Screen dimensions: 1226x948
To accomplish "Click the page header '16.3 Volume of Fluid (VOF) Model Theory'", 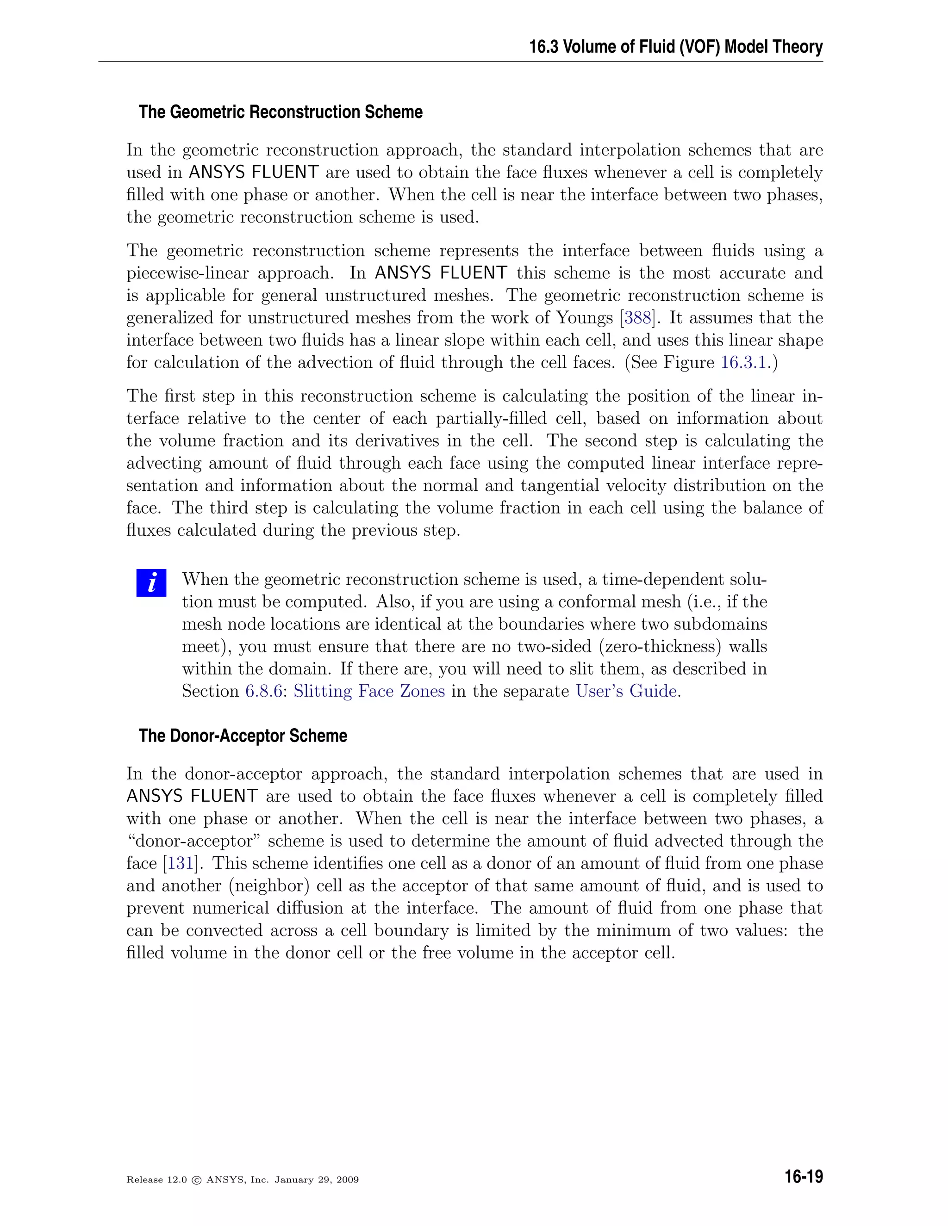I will click(676, 47).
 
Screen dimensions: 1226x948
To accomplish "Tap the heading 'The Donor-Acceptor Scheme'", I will click(243, 736).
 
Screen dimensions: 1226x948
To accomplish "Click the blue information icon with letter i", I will click(151, 582).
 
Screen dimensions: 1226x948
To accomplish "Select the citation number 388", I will click(637, 318).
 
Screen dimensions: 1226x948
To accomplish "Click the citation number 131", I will click(180, 863).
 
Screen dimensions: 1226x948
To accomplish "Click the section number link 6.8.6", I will click(263, 691).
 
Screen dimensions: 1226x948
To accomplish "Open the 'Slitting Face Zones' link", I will click(369, 691).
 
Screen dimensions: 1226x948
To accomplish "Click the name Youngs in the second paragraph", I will click(584, 318).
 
